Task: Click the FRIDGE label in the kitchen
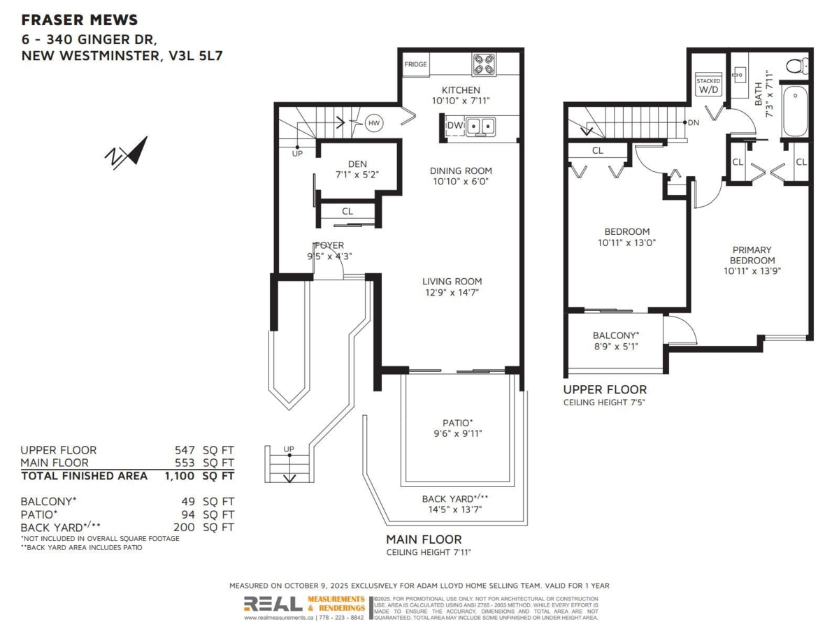(x=415, y=64)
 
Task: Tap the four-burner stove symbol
(x=483, y=64)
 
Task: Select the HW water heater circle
(x=374, y=122)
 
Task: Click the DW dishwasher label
(x=454, y=126)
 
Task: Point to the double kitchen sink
(x=481, y=126)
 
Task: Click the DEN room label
(x=357, y=164)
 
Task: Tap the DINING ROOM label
(x=461, y=171)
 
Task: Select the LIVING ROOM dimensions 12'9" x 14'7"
(x=451, y=292)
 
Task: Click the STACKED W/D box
(x=708, y=86)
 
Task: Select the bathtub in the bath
(x=795, y=112)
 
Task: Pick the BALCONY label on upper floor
(x=615, y=335)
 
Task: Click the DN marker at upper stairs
(x=693, y=123)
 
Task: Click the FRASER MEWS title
(x=79, y=20)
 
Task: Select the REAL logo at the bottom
(x=273, y=604)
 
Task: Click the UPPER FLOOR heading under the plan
(x=605, y=390)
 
